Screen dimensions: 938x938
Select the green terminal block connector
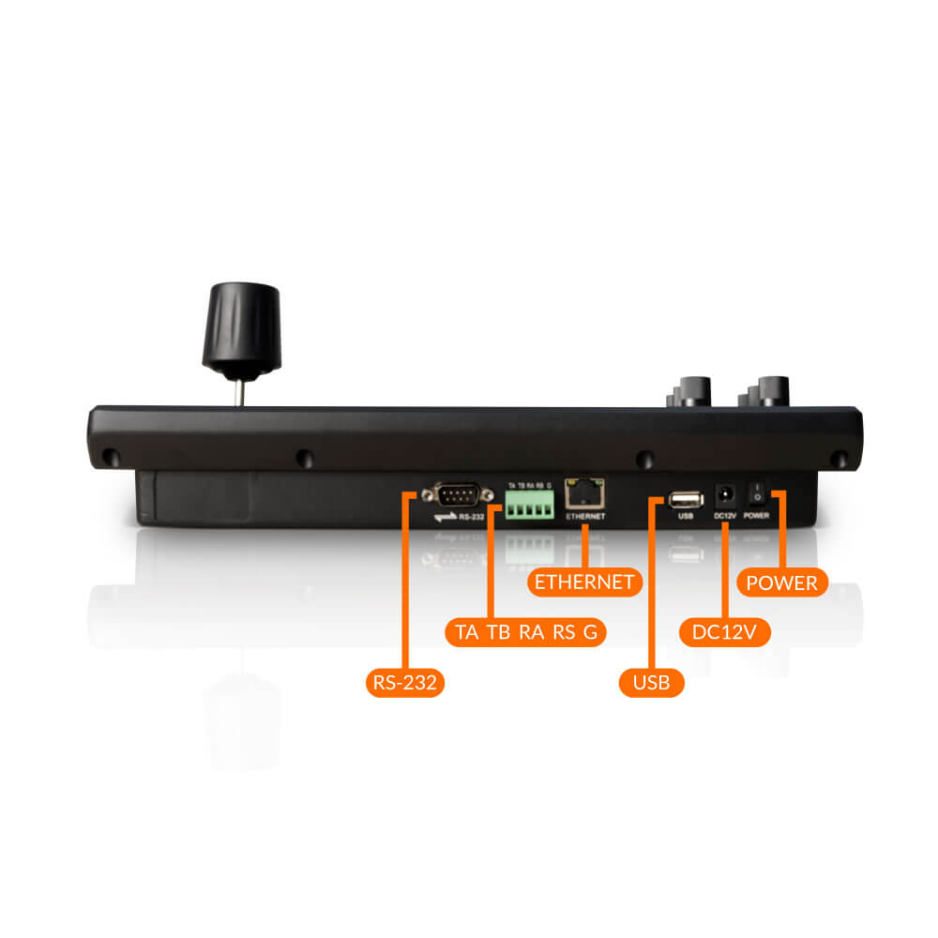point(529,506)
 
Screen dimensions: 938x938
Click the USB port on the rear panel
point(686,497)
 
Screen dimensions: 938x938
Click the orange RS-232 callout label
point(404,682)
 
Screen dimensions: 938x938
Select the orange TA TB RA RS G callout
point(525,631)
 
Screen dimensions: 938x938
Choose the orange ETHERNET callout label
point(583,582)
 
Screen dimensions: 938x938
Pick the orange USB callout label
point(651,682)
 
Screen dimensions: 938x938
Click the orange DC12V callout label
point(724,632)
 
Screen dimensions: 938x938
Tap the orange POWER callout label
point(781,582)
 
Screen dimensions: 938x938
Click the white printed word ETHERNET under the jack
point(585,517)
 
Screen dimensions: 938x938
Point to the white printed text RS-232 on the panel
point(472,516)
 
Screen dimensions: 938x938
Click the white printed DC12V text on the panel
point(725,516)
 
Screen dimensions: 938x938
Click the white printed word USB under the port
point(685,516)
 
